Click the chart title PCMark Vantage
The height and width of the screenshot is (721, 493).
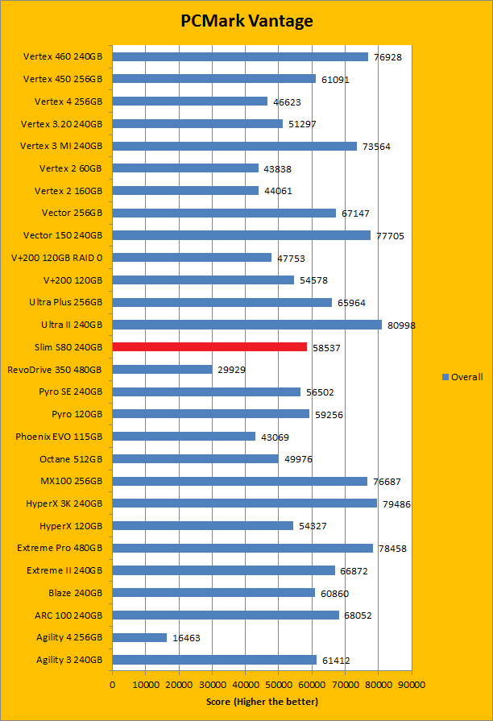(246, 21)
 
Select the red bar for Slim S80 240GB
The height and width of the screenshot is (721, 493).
(209, 347)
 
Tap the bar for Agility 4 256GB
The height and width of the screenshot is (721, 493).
(139, 637)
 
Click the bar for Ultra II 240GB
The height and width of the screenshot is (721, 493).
(246, 325)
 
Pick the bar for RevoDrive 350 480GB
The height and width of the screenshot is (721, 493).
(162, 369)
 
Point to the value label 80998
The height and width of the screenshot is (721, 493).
(402, 325)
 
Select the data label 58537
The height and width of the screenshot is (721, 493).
(327, 348)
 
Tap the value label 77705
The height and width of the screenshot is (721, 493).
(391, 236)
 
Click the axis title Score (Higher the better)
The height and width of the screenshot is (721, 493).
(262, 702)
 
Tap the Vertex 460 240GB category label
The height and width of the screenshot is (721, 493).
(63, 57)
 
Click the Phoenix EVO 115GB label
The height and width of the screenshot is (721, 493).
(59, 437)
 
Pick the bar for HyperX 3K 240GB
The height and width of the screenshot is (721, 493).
(244, 503)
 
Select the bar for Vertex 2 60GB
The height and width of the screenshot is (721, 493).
(185, 168)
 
